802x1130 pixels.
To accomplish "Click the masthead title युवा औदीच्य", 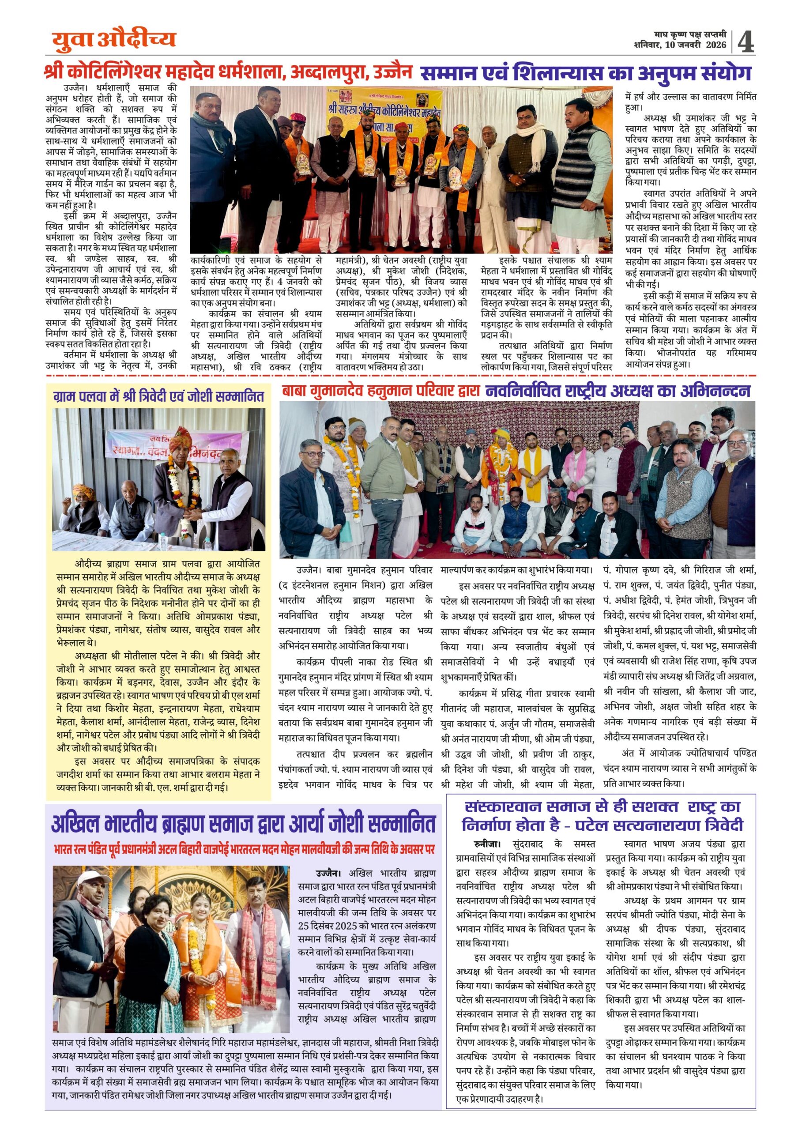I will tap(114, 40).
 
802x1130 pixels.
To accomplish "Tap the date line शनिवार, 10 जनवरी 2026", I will tap(680, 45).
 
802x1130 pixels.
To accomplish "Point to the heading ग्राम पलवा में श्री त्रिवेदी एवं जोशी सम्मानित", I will tap(159, 396).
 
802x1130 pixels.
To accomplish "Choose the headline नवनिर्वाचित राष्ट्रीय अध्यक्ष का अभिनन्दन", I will tap(618, 391).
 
